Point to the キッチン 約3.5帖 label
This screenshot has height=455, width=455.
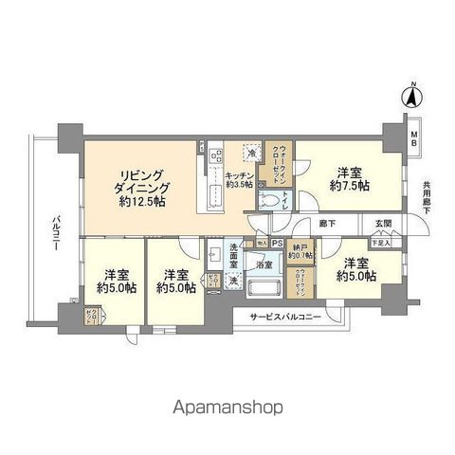tap(239, 180)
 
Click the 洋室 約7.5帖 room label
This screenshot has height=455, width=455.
tap(346, 179)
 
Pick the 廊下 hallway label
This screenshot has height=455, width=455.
tap(327, 225)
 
